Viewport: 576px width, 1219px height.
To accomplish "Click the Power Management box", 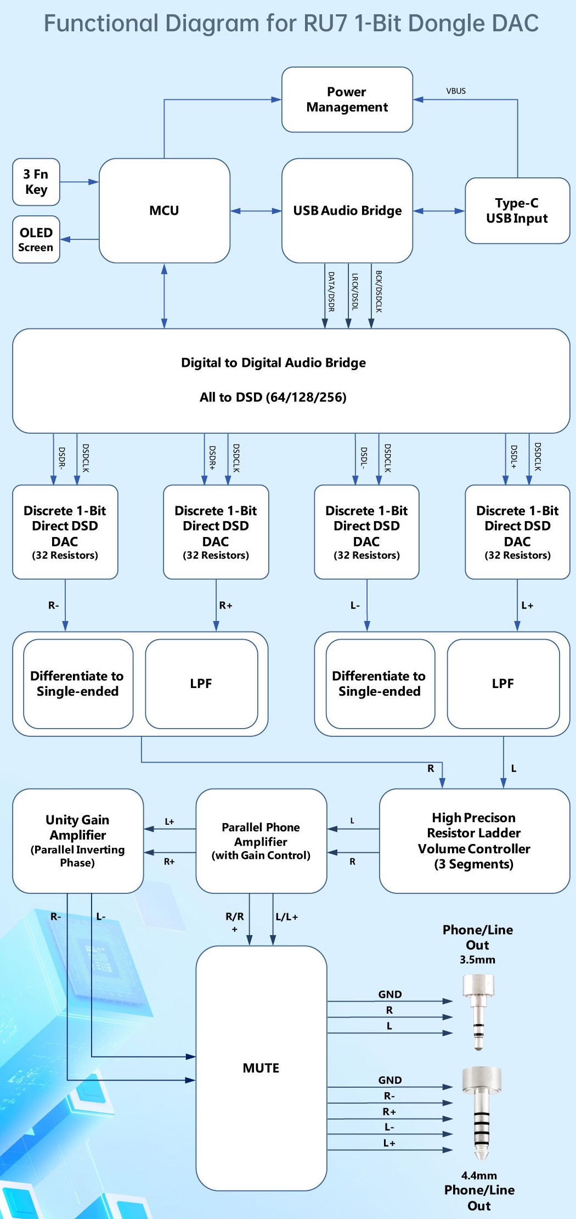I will coord(347,99).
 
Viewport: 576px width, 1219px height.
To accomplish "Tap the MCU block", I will coord(164,210).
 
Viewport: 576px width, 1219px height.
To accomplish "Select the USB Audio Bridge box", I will coord(347,210).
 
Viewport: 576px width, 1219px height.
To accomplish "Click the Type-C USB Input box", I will coord(517,210).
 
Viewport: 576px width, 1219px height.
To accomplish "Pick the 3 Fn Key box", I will coord(36,182).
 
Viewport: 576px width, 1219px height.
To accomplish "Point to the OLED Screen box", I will coord(36,239).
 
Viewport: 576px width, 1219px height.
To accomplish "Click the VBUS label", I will coord(456,91).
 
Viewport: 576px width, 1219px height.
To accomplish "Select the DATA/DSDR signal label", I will coord(331,292).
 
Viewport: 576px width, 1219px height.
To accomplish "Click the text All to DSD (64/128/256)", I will coord(273,397).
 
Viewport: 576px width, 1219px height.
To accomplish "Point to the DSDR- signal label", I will coord(62,458).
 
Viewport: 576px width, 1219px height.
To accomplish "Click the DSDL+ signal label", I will coord(514,457).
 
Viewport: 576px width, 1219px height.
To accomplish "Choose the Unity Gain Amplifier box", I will coord(77,841).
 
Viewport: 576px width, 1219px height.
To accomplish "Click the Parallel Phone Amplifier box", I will coord(261,841).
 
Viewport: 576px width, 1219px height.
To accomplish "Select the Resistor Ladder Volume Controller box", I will coord(474,841).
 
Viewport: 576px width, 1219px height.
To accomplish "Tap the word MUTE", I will coord(261,1068).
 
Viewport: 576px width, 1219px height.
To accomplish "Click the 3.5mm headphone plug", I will coord(478,1011).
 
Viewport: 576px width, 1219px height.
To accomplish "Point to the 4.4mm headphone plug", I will coord(481,1111).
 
